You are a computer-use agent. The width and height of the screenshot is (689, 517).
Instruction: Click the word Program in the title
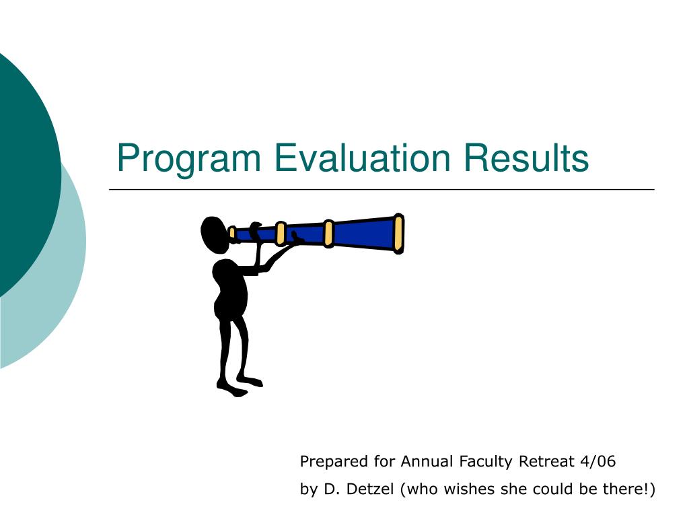tap(189, 159)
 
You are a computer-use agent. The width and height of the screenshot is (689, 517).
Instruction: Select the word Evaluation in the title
tap(363, 158)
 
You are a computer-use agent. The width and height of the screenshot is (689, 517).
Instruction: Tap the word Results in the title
tap(526, 158)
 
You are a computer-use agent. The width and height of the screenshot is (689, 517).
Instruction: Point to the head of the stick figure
tap(215, 235)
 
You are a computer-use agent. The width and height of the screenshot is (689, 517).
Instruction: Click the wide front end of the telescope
tap(398, 234)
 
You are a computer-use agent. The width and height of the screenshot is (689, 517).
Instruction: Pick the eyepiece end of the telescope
tap(232, 232)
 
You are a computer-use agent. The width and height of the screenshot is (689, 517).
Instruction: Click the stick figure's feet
tap(240, 385)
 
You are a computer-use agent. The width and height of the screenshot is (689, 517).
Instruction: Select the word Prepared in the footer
tap(334, 462)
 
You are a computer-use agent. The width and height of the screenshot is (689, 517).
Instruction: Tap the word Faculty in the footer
tap(486, 462)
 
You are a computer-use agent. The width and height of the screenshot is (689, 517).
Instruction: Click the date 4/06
tap(597, 461)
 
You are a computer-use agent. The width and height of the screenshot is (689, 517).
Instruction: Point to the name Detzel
tap(369, 489)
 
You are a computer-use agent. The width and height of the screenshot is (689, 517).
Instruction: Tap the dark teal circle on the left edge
tap(26, 176)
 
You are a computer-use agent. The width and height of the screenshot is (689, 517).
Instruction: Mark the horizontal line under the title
tap(382, 189)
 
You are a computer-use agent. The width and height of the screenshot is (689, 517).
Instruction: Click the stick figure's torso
tap(230, 288)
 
